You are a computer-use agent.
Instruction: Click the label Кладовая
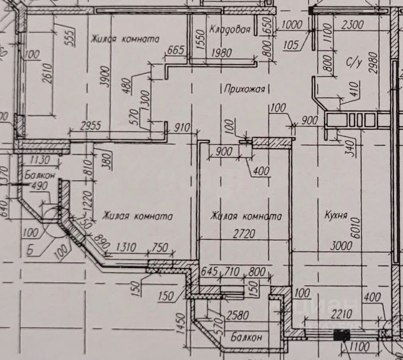230,29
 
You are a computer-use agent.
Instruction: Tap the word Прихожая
242,88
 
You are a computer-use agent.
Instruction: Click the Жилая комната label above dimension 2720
246,216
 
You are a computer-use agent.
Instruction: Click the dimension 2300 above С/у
352,25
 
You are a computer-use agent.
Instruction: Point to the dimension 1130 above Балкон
41,160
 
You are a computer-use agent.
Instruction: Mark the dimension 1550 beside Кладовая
198,40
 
